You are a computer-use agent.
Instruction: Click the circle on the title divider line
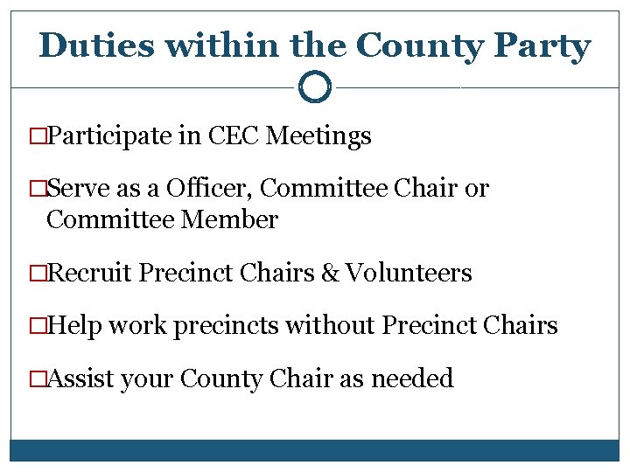click(x=314, y=87)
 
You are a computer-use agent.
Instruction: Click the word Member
click(x=230, y=219)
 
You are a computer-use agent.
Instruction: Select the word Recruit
click(x=90, y=274)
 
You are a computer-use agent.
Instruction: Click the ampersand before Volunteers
click(x=330, y=274)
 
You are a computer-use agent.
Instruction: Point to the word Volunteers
click(x=409, y=274)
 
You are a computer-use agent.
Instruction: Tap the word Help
click(x=74, y=326)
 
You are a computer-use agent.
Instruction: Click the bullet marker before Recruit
click(x=37, y=274)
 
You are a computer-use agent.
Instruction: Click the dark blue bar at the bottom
click(x=315, y=450)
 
